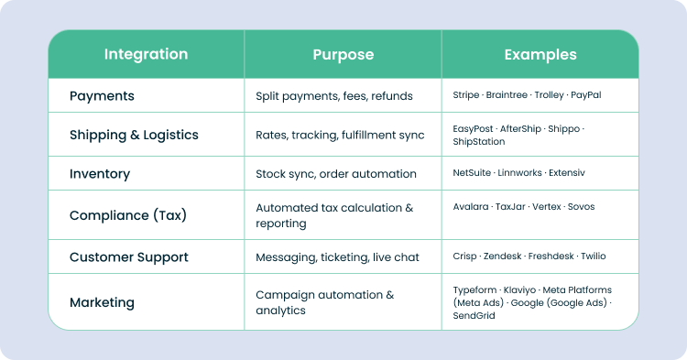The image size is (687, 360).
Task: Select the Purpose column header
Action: tap(343, 54)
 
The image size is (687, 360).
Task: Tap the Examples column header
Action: tap(540, 54)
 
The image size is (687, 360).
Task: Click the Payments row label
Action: tap(102, 96)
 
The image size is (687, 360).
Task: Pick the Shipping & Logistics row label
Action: tap(134, 135)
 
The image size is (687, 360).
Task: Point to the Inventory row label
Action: tap(100, 174)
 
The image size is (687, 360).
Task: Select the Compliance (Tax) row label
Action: tap(127, 215)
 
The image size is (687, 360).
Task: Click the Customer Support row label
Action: tap(129, 257)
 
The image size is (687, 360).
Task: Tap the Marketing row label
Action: tap(102, 302)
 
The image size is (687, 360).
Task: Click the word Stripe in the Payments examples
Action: tap(466, 95)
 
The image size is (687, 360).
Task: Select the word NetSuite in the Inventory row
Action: tap(473, 173)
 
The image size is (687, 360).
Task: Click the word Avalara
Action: tap(471, 207)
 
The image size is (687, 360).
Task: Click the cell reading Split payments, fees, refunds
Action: tap(334, 96)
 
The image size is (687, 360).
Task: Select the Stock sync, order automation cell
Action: tap(336, 174)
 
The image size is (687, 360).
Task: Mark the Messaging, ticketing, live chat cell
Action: tap(337, 257)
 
